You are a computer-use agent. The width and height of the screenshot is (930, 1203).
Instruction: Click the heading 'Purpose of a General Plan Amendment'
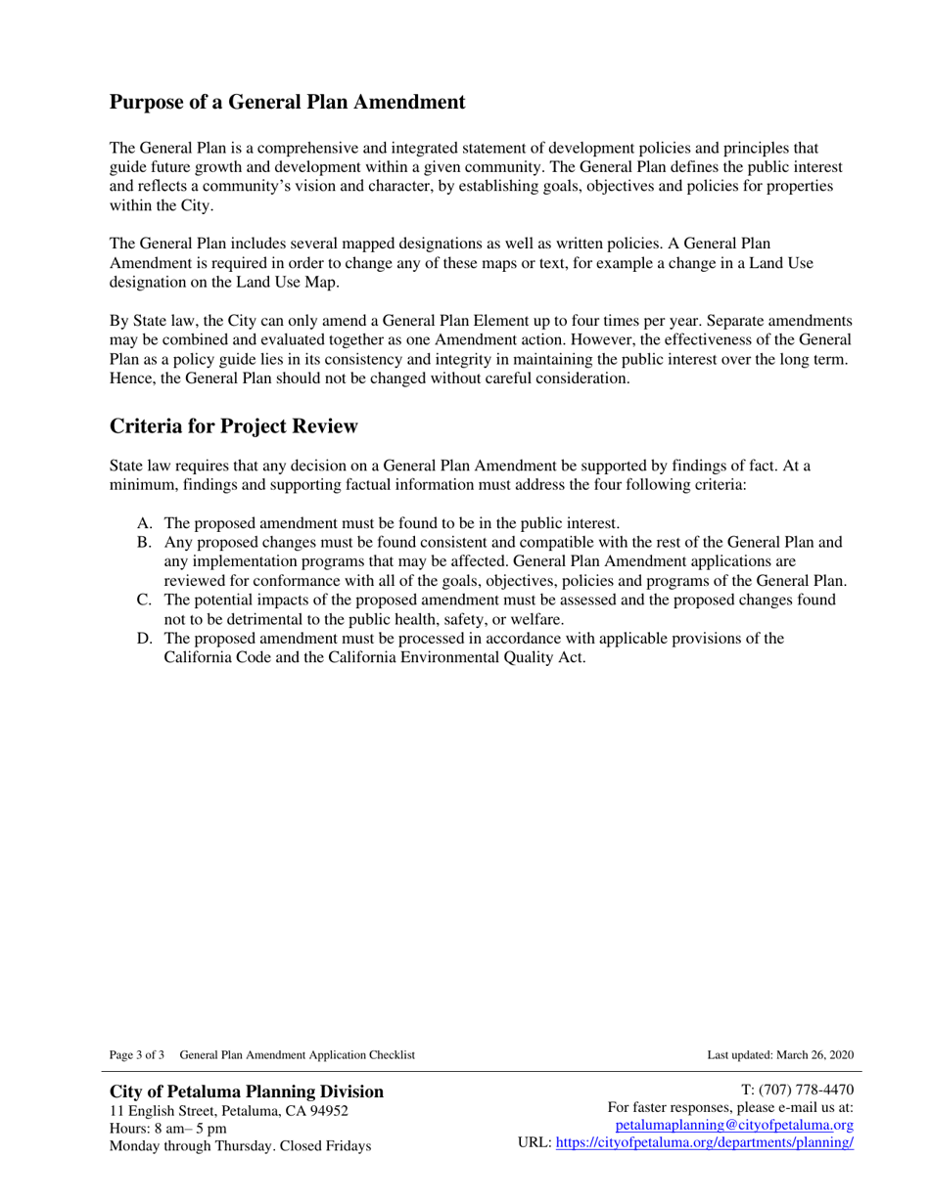[287, 102]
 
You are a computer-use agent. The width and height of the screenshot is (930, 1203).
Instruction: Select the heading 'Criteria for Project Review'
[234, 426]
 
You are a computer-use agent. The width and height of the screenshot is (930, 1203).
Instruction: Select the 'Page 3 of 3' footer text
[137, 1054]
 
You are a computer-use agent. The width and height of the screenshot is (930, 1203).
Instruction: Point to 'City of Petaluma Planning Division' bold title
[247, 1091]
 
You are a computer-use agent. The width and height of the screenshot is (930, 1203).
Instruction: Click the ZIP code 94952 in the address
[328, 1110]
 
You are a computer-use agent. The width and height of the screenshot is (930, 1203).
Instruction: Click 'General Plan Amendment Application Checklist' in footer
[298, 1054]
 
